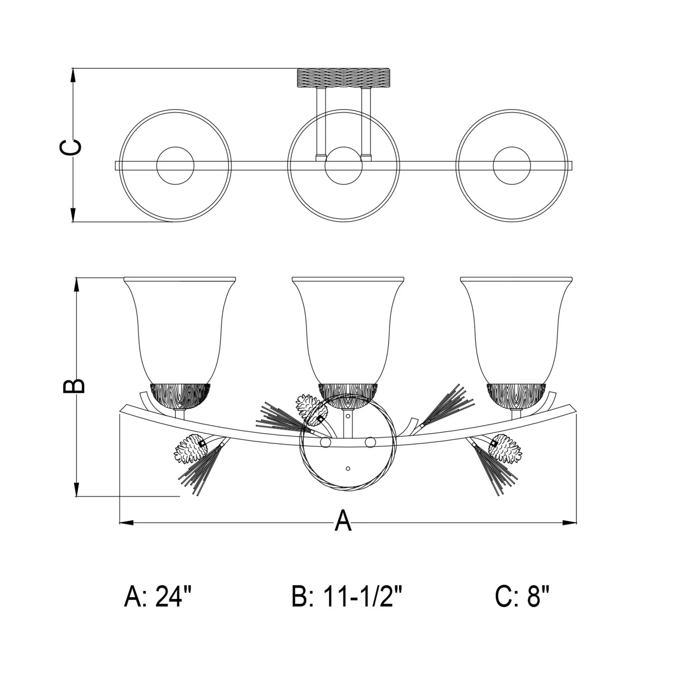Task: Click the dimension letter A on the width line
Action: [x=343, y=520]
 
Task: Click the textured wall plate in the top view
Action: [x=344, y=78]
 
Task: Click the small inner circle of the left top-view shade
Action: [x=175, y=165]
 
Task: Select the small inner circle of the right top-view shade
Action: [x=512, y=165]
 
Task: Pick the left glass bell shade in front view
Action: [x=180, y=330]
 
